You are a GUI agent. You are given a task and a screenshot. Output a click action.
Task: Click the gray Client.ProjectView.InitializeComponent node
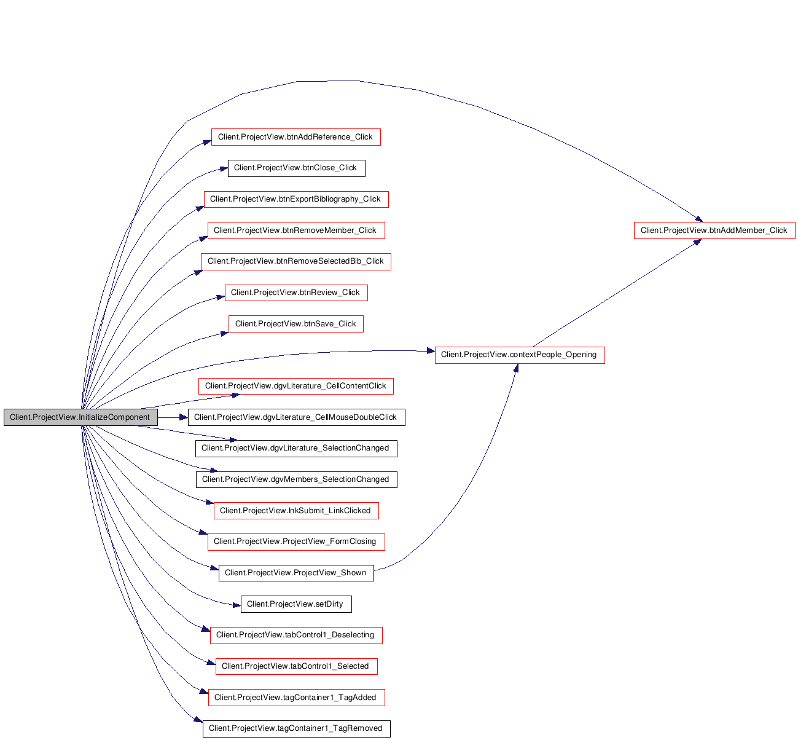click(x=80, y=417)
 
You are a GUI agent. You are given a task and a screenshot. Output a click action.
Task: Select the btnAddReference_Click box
click(x=295, y=137)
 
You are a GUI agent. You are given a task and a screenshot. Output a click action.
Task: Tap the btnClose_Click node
click(x=296, y=168)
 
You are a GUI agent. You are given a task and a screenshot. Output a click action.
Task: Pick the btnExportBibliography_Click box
click(x=296, y=199)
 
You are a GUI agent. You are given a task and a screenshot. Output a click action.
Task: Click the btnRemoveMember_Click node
click(x=296, y=230)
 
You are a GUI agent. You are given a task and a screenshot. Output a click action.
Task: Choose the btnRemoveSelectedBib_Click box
click(x=295, y=261)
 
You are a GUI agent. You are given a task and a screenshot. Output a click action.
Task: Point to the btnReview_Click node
click(x=296, y=293)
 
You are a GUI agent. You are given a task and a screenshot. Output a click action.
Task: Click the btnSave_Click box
click(x=296, y=324)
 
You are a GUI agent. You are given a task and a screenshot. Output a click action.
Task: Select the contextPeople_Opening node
click(x=520, y=355)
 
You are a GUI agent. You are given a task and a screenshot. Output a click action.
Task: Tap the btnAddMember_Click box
click(x=714, y=230)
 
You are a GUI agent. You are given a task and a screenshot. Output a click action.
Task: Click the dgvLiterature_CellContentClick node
click(x=295, y=386)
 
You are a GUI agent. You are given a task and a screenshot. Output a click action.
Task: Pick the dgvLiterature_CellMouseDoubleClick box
click(x=296, y=417)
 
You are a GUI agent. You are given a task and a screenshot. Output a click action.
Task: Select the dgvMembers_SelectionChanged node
click(x=296, y=479)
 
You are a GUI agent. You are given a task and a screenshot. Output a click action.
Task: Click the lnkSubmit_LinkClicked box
click(x=296, y=511)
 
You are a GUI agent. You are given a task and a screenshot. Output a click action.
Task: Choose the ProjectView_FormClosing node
click(x=296, y=541)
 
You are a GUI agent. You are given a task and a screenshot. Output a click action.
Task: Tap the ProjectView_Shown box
click(x=296, y=573)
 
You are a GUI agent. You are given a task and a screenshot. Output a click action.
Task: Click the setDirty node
click(x=296, y=604)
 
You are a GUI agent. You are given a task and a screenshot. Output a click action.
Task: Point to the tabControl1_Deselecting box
click(x=296, y=635)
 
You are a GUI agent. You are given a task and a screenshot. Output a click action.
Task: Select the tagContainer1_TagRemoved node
click(x=296, y=728)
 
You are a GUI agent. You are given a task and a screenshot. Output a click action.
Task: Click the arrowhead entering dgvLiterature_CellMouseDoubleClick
click(x=184, y=417)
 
